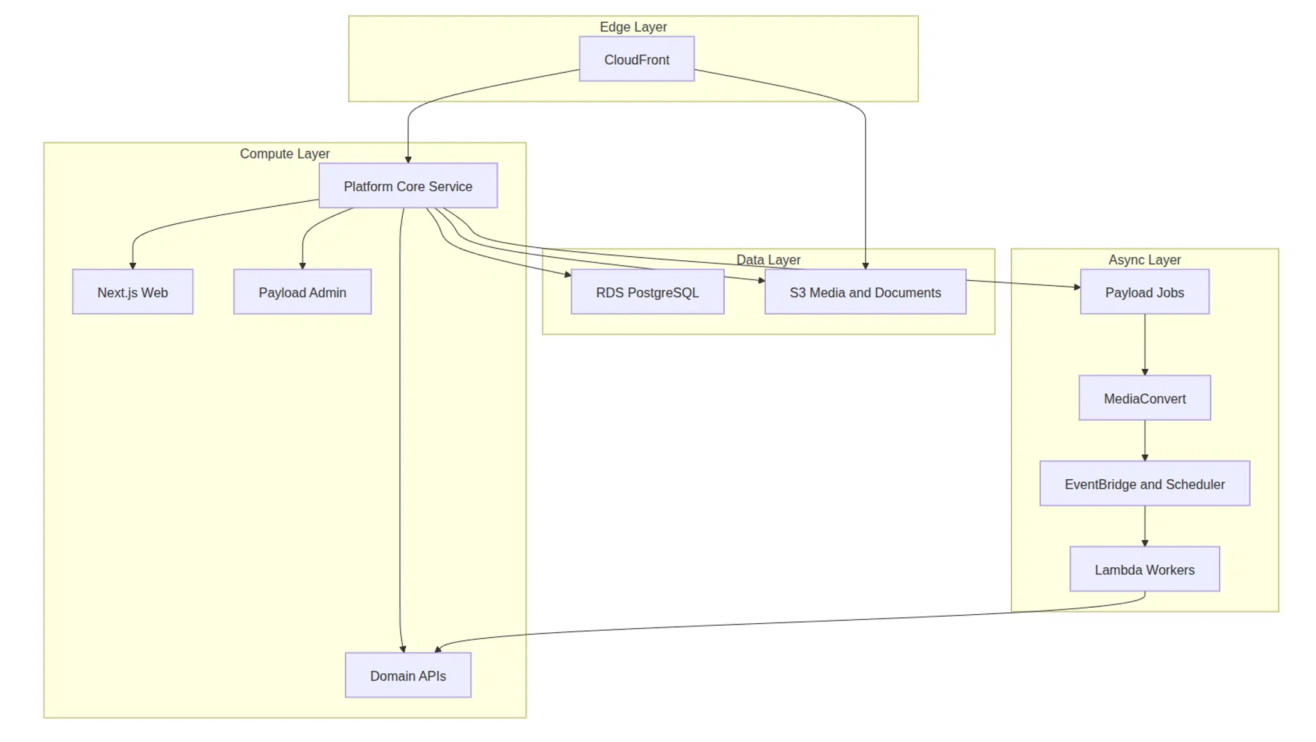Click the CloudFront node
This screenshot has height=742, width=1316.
click(636, 59)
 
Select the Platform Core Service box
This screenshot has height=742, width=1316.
click(408, 186)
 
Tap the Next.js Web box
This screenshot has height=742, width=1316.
click(132, 292)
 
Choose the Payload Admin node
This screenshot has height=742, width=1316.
click(302, 292)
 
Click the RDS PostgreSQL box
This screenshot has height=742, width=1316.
click(647, 292)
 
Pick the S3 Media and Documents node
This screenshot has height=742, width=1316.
click(865, 292)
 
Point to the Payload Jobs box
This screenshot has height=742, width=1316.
click(1144, 292)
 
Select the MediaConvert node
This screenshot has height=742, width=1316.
click(1144, 398)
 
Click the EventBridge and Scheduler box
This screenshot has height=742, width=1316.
click(1144, 483)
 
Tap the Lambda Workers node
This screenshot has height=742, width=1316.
click(1144, 569)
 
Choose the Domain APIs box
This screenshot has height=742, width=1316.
click(408, 675)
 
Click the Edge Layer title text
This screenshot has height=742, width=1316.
click(633, 27)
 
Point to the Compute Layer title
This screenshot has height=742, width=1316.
click(285, 154)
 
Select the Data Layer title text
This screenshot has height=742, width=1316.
click(768, 260)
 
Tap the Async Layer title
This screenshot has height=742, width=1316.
click(1144, 260)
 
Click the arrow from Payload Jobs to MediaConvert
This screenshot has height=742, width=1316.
click(1144, 344)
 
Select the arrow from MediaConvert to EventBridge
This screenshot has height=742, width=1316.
click(1144, 440)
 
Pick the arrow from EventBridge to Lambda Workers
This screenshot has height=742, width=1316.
click(1144, 526)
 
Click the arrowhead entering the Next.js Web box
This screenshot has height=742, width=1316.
click(133, 265)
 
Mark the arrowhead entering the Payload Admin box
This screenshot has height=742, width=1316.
click(303, 265)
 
